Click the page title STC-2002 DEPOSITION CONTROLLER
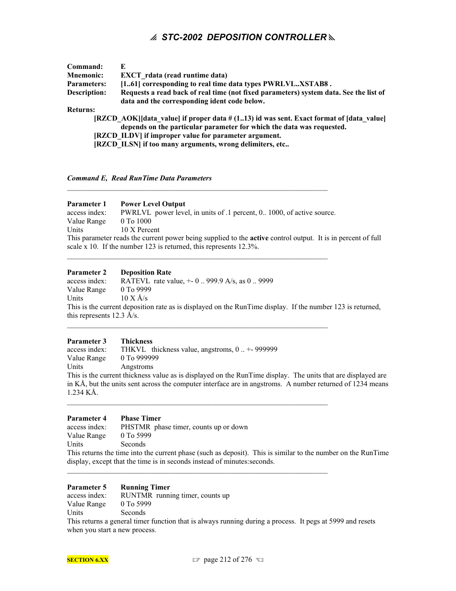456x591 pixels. tap(244, 37)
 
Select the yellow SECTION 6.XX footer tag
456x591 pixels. tap(87, 560)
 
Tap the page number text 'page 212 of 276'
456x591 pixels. tap(228, 559)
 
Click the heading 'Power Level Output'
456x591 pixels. tap(152, 204)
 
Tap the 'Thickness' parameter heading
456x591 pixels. tap(136, 341)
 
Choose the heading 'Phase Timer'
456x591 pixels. tap(141, 418)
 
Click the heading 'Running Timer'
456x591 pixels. tap(145, 487)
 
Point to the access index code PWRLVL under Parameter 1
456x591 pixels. tap(136, 212)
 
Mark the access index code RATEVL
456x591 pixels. tap(135, 281)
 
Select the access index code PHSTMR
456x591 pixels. tap(135, 427)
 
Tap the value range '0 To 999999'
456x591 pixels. tap(140, 358)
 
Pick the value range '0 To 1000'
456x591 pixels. tap(136, 221)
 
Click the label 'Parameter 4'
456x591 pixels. tap(87, 418)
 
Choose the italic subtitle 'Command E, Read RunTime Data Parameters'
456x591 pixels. tap(139, 178)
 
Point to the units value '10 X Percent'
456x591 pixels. tap(140, 230)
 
